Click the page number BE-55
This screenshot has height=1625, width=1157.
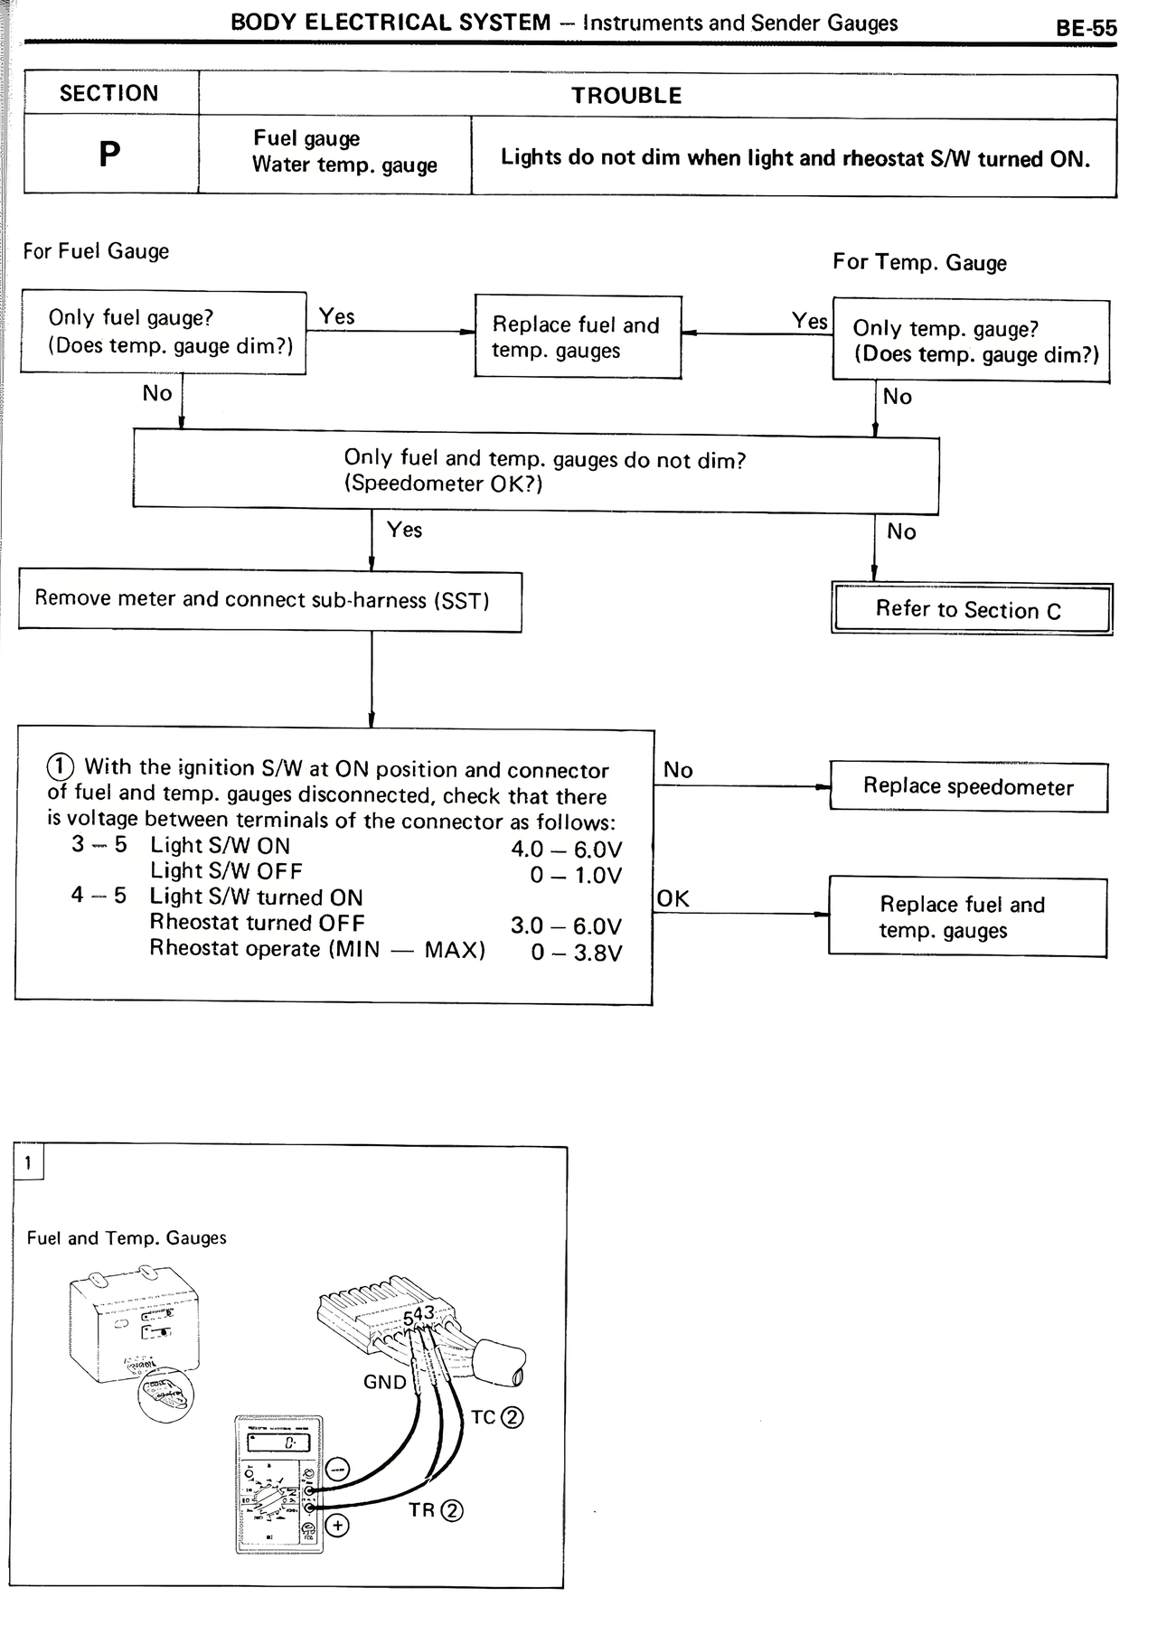1086,28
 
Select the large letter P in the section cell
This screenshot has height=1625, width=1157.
109,155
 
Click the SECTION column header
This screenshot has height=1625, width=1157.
108,93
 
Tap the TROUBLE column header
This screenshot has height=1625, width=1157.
626,96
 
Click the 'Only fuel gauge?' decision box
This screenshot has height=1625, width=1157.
164,332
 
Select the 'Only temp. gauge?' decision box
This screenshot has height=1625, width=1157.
970,341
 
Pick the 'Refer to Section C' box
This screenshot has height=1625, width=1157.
971,609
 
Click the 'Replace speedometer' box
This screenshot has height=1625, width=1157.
968,786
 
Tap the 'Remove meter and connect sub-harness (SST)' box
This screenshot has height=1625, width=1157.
269,600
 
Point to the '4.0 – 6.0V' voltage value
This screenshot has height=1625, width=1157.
567,849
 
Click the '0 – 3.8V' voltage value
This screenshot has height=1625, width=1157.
577,953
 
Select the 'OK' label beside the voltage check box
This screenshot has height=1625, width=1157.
673,898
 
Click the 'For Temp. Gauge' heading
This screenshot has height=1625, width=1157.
919,262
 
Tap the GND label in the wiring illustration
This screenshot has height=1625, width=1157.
385,1382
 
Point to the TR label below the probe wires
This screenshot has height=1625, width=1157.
423,1509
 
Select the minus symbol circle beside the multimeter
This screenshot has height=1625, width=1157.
338,1468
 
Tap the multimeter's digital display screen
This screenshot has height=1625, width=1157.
279,1444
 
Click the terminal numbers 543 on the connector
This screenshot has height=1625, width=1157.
419,1316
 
